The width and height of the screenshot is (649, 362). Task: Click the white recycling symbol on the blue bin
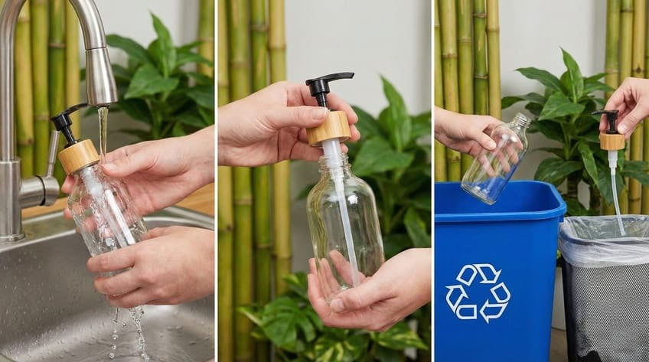tap(478, 292)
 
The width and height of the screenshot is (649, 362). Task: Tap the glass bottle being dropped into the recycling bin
tap(495, 161)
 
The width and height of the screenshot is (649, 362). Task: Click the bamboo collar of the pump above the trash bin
tap(611, 142)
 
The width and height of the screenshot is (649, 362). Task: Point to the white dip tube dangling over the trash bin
tap(616, 191)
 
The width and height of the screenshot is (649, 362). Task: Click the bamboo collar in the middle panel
tap(329, 127)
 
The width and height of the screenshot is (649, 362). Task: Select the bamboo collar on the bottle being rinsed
tap(78, 156)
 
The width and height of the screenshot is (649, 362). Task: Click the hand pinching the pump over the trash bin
tap(628, 103)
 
